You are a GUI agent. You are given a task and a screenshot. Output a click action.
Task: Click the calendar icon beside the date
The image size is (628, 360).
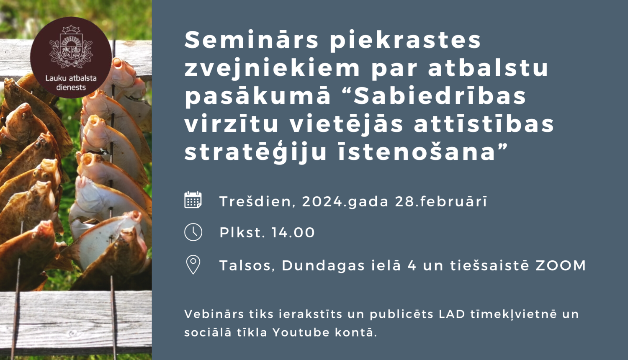click(x=193, y=200)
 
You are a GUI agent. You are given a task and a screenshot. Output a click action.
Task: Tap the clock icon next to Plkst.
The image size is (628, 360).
click(x=193, y=232)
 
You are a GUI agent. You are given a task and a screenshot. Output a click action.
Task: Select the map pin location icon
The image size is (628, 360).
click(x=193, y=265)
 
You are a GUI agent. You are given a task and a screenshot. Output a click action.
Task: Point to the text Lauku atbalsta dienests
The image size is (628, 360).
click(x=71, y=82)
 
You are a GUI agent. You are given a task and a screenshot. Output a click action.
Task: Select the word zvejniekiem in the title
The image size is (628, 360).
click(x=272, y=68)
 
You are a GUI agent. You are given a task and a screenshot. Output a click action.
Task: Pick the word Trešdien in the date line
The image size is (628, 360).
click(x=256, y=201)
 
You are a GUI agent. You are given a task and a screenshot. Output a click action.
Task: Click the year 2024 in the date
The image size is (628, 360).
click(x=322, y=201)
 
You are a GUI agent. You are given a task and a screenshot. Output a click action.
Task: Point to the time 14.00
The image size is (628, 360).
click(x=293, y=232)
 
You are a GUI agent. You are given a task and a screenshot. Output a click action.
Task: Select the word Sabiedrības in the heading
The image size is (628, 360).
click(x=440, y=96)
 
